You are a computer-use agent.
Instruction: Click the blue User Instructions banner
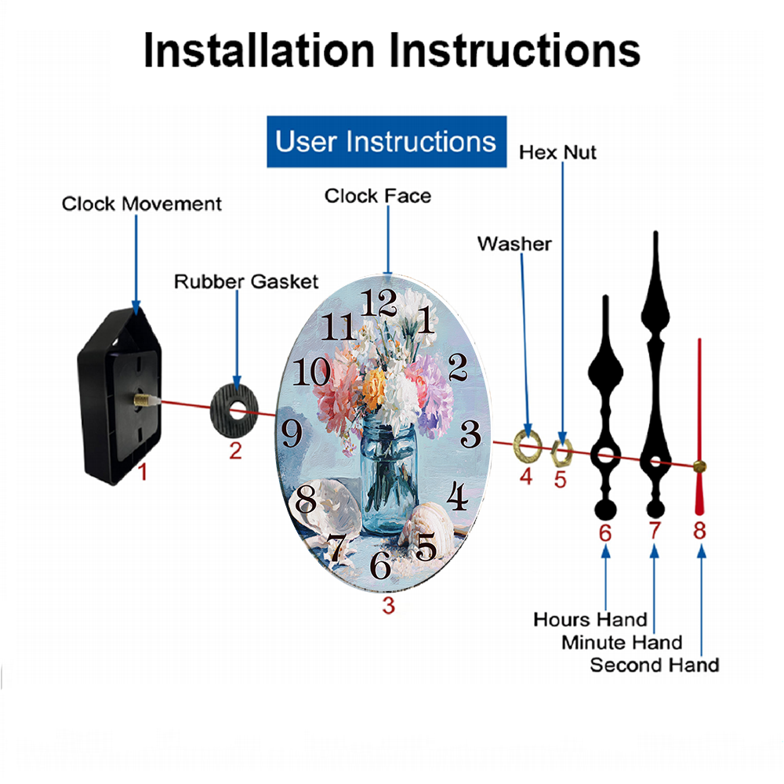point(387,141)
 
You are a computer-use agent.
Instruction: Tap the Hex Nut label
point(557,153)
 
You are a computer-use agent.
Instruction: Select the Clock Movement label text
point(141,204)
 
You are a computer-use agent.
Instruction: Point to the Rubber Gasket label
point(246,281)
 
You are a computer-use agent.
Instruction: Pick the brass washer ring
point(528,445)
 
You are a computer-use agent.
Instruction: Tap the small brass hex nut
point(561,452)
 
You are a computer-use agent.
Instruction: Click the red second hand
point(699,426)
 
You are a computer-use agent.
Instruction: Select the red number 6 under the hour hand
point(605,533)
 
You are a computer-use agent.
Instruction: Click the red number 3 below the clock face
point(389,605)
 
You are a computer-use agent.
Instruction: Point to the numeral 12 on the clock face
point(379,303)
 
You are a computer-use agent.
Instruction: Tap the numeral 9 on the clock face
point(292,433)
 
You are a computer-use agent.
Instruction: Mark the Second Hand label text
point(655,665)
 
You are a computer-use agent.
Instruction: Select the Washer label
point(514,244)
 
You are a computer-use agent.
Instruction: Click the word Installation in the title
point(259,50)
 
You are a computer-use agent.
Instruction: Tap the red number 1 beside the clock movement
point(143,471)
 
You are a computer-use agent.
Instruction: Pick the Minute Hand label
point(622,642)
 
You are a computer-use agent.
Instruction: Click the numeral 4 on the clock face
point(457,495)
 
